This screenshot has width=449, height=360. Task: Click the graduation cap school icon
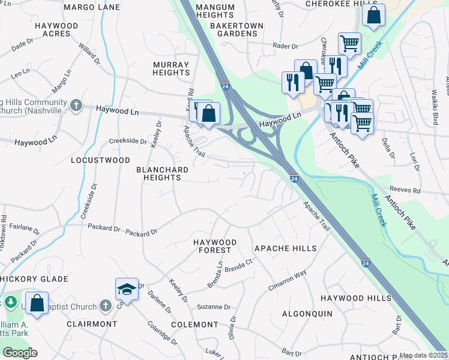click(x=127, y=290)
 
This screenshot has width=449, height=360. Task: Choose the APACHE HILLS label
click(x=285, y=248)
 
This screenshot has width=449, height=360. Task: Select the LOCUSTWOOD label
click(x=100, y=160)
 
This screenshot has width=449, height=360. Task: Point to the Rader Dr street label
click(x=286, y=46)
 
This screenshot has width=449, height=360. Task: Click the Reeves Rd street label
click(x=404, y=190)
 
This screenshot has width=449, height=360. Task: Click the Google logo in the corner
click(x=19, y=353)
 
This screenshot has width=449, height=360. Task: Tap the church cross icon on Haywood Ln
click(x=76, y=106)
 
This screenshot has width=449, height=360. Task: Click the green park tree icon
click(x=10, y=301)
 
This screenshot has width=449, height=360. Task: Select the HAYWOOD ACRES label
click(x=56, y=30)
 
